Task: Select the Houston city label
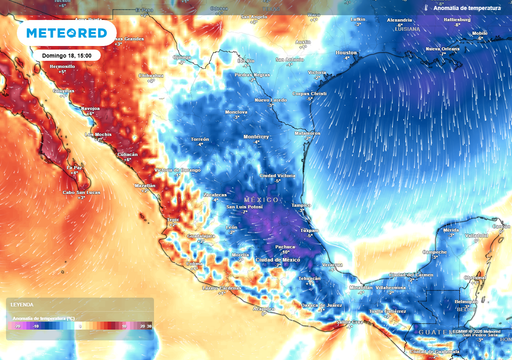346,51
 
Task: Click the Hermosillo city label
63,67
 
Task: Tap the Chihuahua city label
150,74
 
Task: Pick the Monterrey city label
258,136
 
